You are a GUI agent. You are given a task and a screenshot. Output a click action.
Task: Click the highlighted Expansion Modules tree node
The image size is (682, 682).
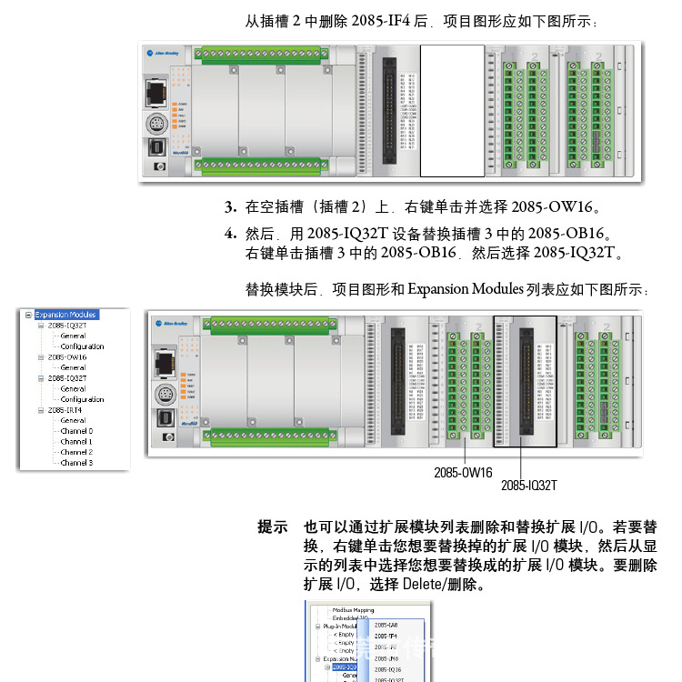(66, 315)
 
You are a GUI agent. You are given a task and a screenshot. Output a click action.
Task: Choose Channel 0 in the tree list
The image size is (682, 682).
(76, 431)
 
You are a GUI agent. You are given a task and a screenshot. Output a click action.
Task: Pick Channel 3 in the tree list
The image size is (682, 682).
(76, 463)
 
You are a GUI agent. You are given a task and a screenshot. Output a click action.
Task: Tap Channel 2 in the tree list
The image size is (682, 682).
(76, 452)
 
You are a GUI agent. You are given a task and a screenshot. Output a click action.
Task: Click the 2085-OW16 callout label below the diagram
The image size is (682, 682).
(463, 472)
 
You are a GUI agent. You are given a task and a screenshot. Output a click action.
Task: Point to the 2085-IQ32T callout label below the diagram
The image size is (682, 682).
(528, 486)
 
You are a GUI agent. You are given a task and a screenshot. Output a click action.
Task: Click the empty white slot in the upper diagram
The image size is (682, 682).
(452, 110)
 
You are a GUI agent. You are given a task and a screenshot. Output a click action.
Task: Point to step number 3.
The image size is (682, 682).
(231, 206)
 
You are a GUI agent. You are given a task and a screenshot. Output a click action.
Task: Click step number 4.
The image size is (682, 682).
(231, 234)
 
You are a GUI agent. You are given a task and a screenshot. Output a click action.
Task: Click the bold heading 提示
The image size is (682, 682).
(273, 527)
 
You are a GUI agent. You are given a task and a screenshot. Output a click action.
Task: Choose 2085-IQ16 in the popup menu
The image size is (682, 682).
(387, 669)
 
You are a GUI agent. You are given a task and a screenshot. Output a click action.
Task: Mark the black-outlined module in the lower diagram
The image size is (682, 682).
(525, 382)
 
